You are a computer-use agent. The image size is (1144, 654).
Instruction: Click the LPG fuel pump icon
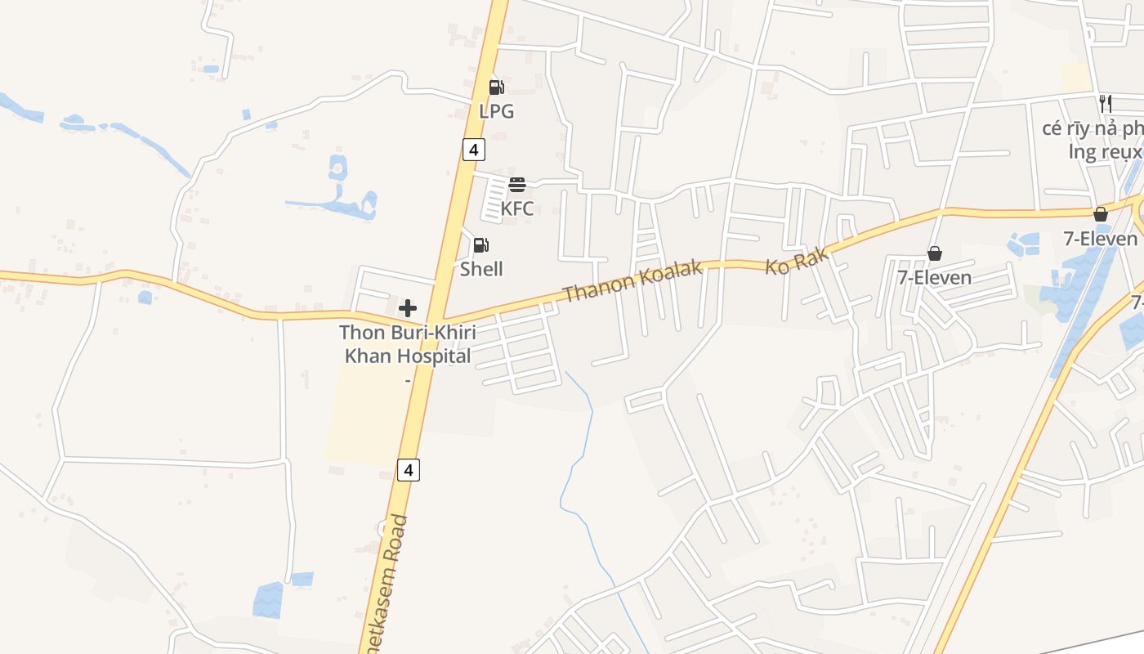(496, 87)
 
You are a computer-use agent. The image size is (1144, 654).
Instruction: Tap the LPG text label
(496, 111)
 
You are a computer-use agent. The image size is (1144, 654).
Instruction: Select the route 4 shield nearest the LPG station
(473, 150)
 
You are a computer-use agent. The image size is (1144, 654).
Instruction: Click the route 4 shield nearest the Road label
(409, 469)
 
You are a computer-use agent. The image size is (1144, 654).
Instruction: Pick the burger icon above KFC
(516, 185)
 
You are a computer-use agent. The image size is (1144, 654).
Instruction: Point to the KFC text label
(516, 208)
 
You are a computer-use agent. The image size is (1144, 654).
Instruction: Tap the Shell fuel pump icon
(481, 245)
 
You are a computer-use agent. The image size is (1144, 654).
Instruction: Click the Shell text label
(481, 269)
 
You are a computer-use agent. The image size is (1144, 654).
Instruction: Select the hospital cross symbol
(408, 308)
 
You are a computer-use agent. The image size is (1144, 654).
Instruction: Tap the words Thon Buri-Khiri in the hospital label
(408, 334)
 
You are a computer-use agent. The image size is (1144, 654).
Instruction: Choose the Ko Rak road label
(797, 261)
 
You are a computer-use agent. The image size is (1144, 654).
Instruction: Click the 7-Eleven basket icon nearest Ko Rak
(935, 254)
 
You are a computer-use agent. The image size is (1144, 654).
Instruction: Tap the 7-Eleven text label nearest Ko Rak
(935, 278)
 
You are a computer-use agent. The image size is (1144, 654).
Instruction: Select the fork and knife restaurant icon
(1106, 103)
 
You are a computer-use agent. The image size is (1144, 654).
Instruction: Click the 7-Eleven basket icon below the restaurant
(1101, 215)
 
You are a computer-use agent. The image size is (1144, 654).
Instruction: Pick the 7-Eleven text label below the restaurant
(1100, 239)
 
